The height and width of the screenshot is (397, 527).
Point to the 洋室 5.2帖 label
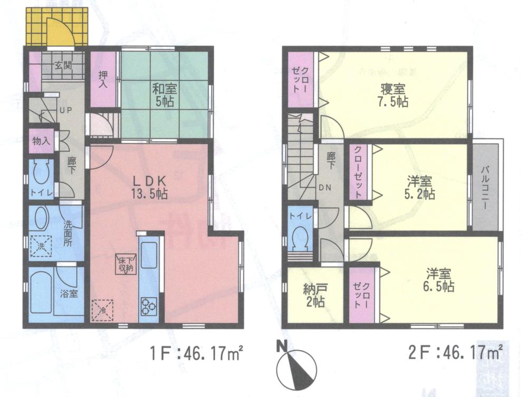coord(420,187)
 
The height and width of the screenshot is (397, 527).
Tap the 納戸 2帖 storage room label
coord(314,296)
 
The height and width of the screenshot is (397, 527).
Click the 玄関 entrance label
coord(62,67)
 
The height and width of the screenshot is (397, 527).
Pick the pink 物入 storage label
coord(40,141)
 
